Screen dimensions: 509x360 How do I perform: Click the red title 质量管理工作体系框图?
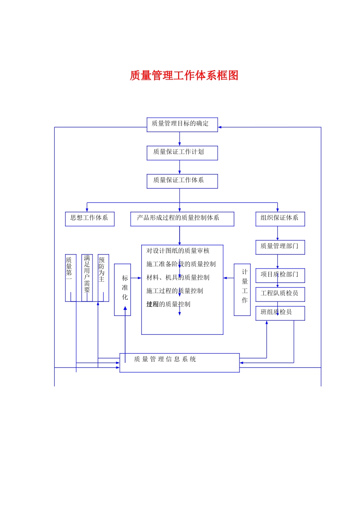coord(184,75)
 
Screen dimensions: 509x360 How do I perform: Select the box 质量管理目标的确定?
coord(182,124)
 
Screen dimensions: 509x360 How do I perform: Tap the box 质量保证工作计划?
coord(182,153)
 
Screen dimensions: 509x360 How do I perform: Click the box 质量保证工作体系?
coord(182,181)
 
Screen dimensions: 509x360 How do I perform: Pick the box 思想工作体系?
coord(89,219)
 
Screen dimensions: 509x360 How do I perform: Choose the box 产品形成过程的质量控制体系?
coord(182,219)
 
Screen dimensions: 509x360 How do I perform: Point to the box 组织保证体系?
coord(280,219)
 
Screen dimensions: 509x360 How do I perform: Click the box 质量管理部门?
coord(280,247)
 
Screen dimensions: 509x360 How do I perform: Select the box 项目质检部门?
coord(280,275)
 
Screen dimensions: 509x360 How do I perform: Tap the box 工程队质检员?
coord(280,294)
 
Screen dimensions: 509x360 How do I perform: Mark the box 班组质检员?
coord(280,313)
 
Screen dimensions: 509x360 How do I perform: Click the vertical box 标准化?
coord(122,289)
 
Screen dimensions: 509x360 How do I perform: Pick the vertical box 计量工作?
coord(242,289)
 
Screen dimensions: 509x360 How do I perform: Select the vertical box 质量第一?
coord(70,277)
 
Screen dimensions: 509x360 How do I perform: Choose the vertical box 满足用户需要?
coord(87,277)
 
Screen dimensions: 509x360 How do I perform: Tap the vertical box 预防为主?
coord(103,277)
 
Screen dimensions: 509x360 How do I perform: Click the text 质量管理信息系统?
coord(165,359)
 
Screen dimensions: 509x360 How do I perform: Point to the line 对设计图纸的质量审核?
coord(178,251)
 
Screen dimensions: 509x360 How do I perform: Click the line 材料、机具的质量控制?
coord(178,278)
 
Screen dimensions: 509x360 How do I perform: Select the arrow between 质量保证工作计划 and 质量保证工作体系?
coord(180,167)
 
